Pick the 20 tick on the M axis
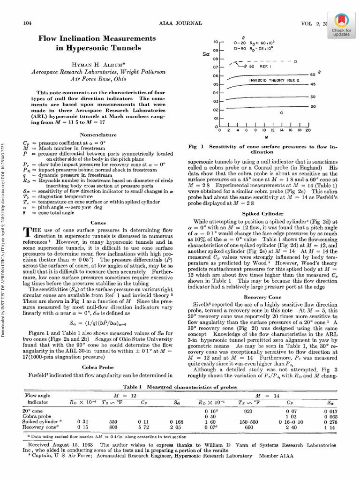308,131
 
